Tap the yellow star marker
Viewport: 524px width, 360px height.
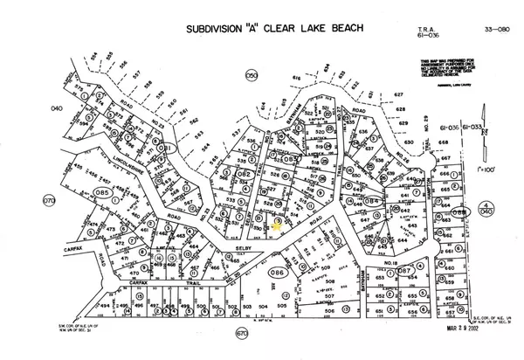click(x=279, y=222)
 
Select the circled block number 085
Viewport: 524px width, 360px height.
click(x=103, y=193)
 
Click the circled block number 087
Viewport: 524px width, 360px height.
click(x=403, y=272)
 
